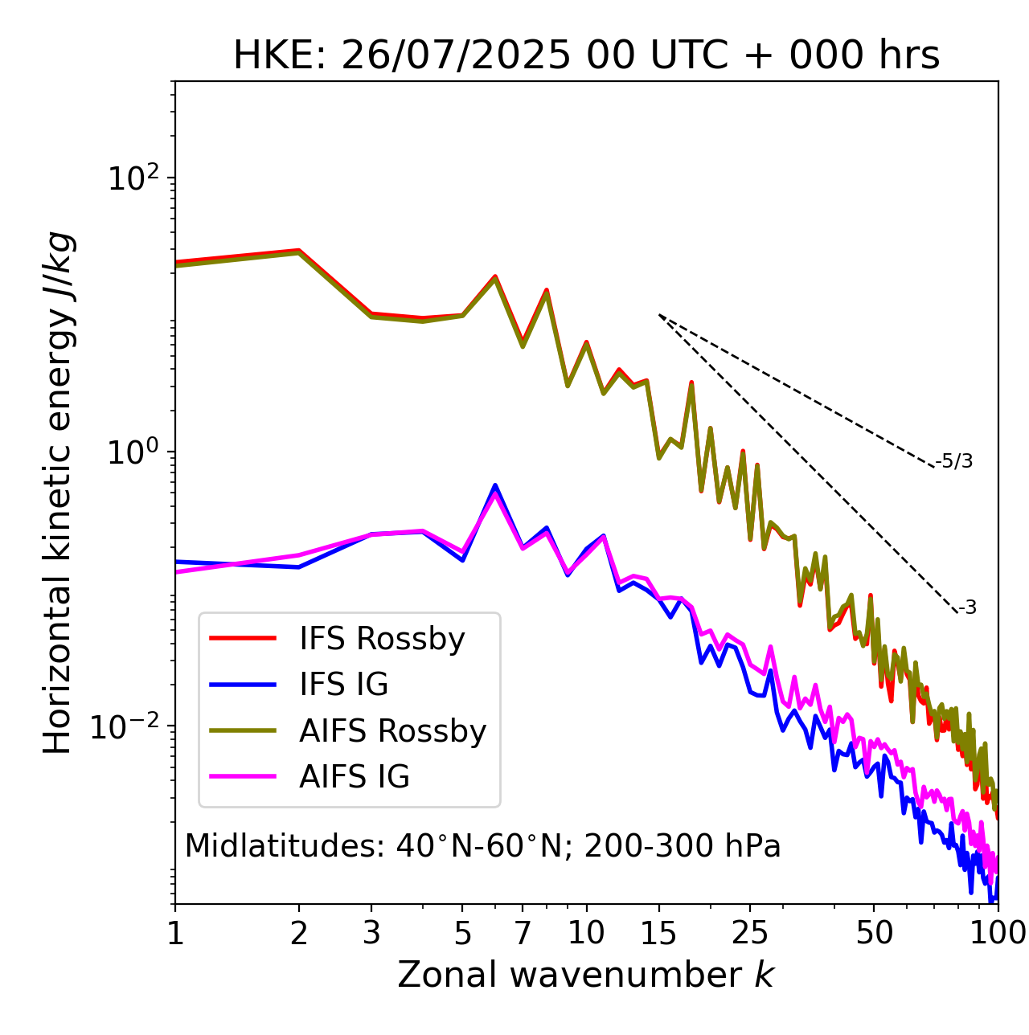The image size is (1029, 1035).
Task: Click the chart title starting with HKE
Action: click(586, 56)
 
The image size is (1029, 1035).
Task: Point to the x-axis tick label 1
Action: click(175, 933)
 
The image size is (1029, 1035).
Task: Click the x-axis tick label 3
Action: click(371, 933)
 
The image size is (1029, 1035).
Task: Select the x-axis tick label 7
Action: click(523, 933)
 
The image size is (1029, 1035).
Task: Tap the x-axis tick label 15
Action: click(659, 933)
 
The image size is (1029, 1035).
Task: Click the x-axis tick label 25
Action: click(750, 933)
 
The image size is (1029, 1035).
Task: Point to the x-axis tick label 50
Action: click(874, 933)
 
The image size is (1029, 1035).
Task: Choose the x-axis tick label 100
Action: click(998, 933)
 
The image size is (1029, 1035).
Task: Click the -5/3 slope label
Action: click(954, 461)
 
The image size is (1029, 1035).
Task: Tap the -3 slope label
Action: click(967, 608)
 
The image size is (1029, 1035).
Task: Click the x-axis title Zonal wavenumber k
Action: click(586, 975)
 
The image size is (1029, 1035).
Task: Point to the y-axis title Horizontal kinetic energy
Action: click(58, 493)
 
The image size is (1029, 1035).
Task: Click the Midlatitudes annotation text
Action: click(482, 846)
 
